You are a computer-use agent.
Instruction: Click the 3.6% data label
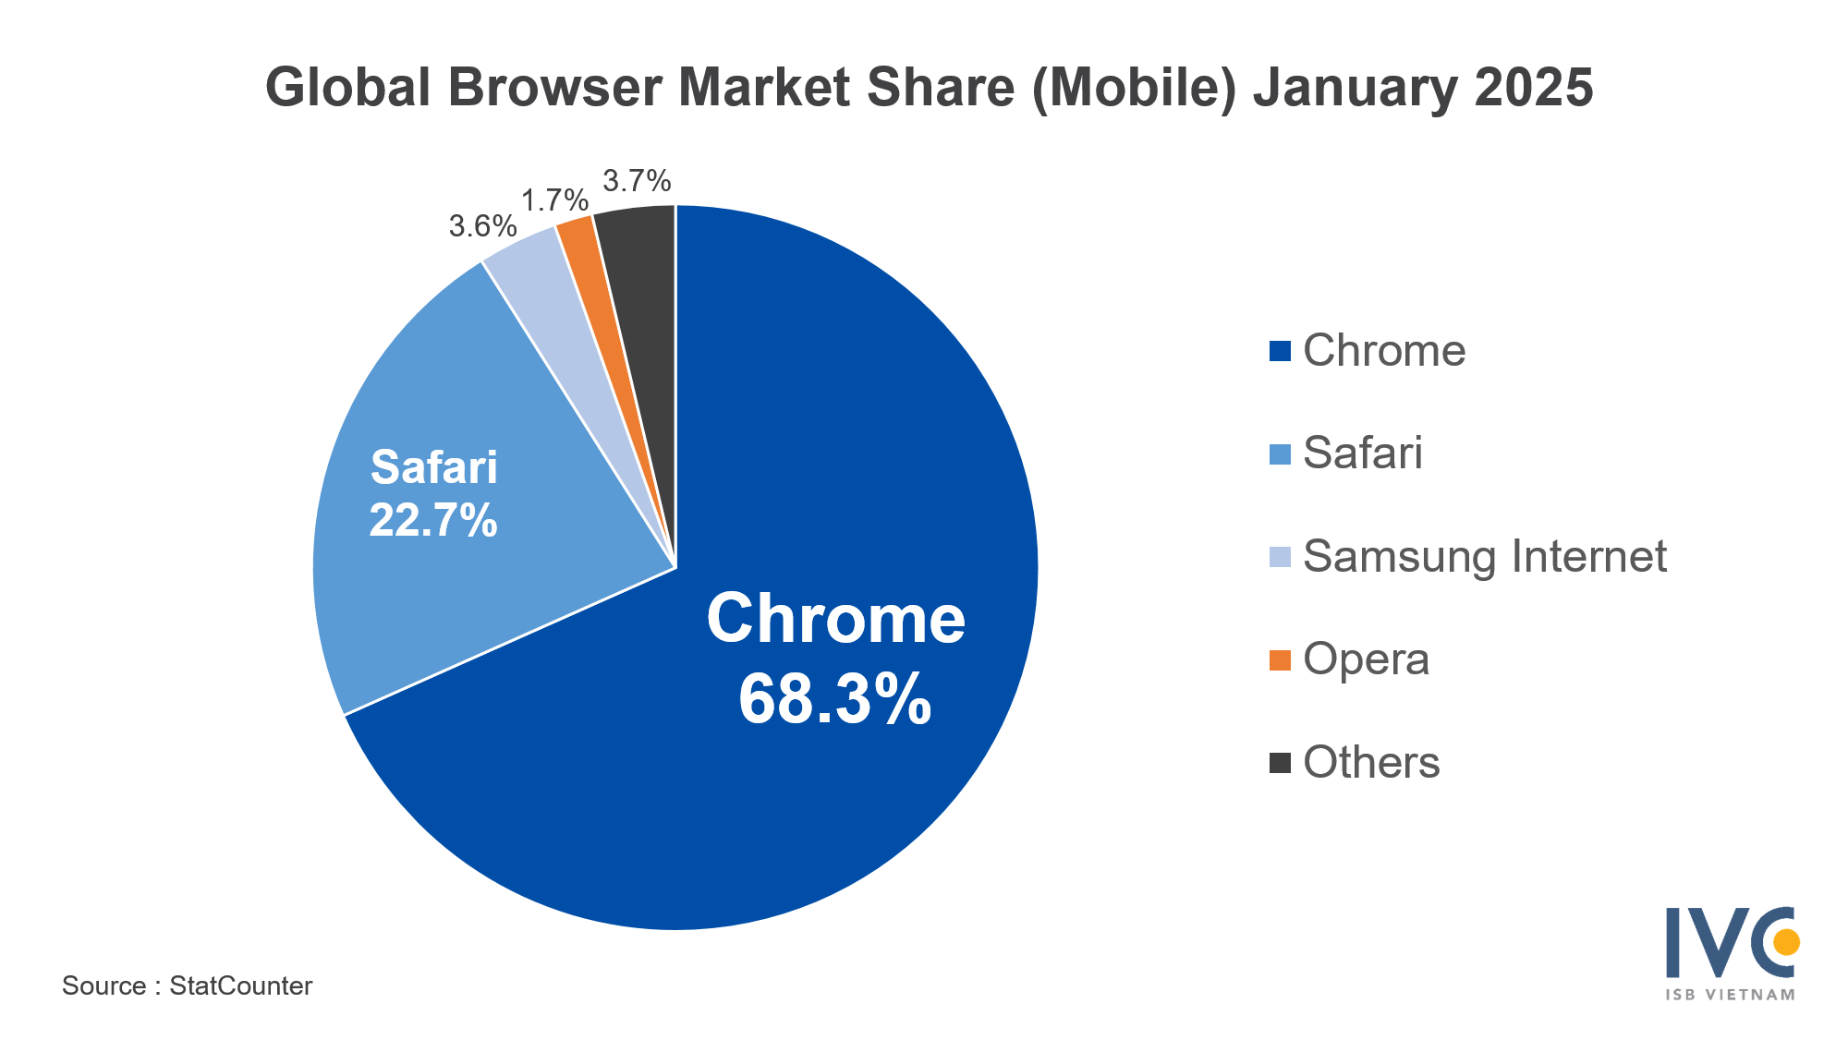482,226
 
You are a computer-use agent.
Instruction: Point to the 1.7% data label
554,200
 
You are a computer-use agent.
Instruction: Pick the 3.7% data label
637,181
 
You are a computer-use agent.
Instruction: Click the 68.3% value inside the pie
834,699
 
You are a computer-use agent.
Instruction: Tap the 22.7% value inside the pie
433,520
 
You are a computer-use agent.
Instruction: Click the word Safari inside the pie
433,467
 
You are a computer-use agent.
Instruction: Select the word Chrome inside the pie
835,619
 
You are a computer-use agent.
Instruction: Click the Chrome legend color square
1280,351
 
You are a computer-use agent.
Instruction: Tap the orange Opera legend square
1280,660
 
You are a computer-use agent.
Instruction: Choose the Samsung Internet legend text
1484,557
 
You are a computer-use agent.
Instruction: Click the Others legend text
1371,763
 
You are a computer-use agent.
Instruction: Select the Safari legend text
1362,453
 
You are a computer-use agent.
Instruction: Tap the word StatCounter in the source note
241,986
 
